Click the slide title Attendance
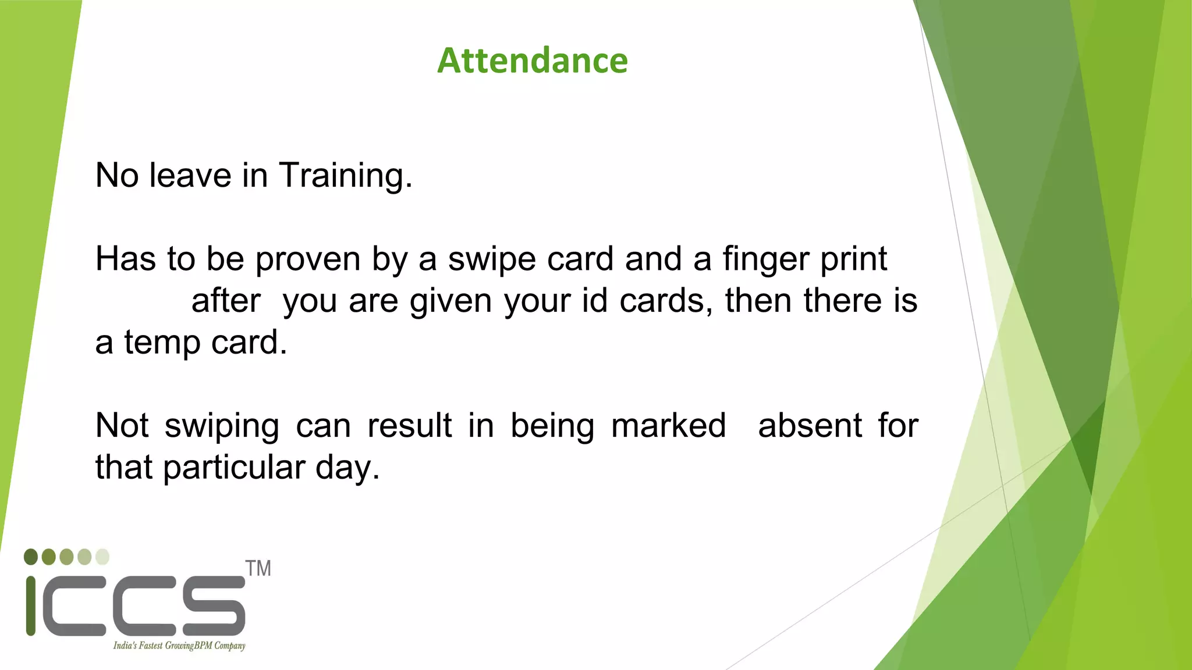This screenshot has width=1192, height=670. tap(533, 60)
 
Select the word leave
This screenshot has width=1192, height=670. tap(190, 175)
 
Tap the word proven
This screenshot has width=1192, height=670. tap(308, 259)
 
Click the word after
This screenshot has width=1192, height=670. tap(226, 301)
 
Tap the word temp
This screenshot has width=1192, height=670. tap(162, 343)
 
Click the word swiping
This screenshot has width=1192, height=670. tap(222, 426)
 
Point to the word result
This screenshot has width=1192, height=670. tap(410, 426)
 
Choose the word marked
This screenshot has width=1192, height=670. tap(669, 426)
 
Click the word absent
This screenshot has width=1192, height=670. tap(810, 426)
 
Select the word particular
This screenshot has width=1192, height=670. tap(234, 468)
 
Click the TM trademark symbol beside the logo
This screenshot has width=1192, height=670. tap(258, 568)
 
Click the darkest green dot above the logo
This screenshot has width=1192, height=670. tap(31, 557)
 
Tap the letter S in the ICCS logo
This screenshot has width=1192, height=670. tap(214, 605)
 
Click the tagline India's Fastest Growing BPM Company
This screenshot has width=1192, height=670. tap(179, 646)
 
